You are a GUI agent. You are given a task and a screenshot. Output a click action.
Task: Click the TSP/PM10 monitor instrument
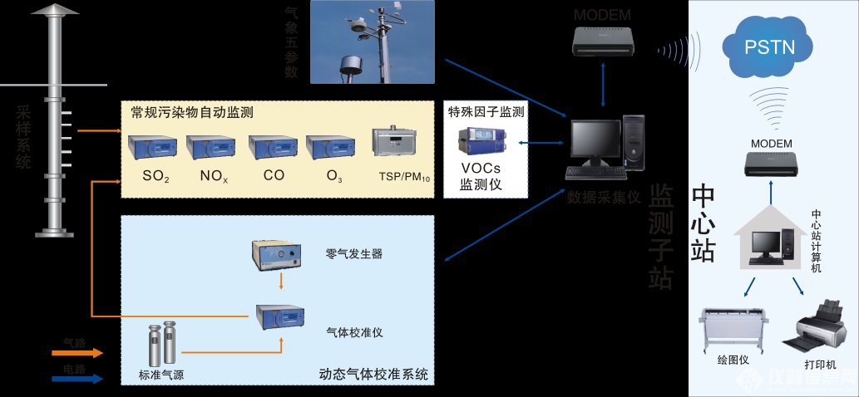click(x=393, y=142)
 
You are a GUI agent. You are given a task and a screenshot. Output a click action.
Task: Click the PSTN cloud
click(x=770, y=47)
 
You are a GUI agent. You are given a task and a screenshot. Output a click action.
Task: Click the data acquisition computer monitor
click(x=595, y=143)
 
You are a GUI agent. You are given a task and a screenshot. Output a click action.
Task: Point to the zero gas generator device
click(x=281, y=255)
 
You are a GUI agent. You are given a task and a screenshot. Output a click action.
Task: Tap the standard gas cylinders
click(x=162, y=342)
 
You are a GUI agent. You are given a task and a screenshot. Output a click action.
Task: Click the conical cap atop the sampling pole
click(x=54, y=11)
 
